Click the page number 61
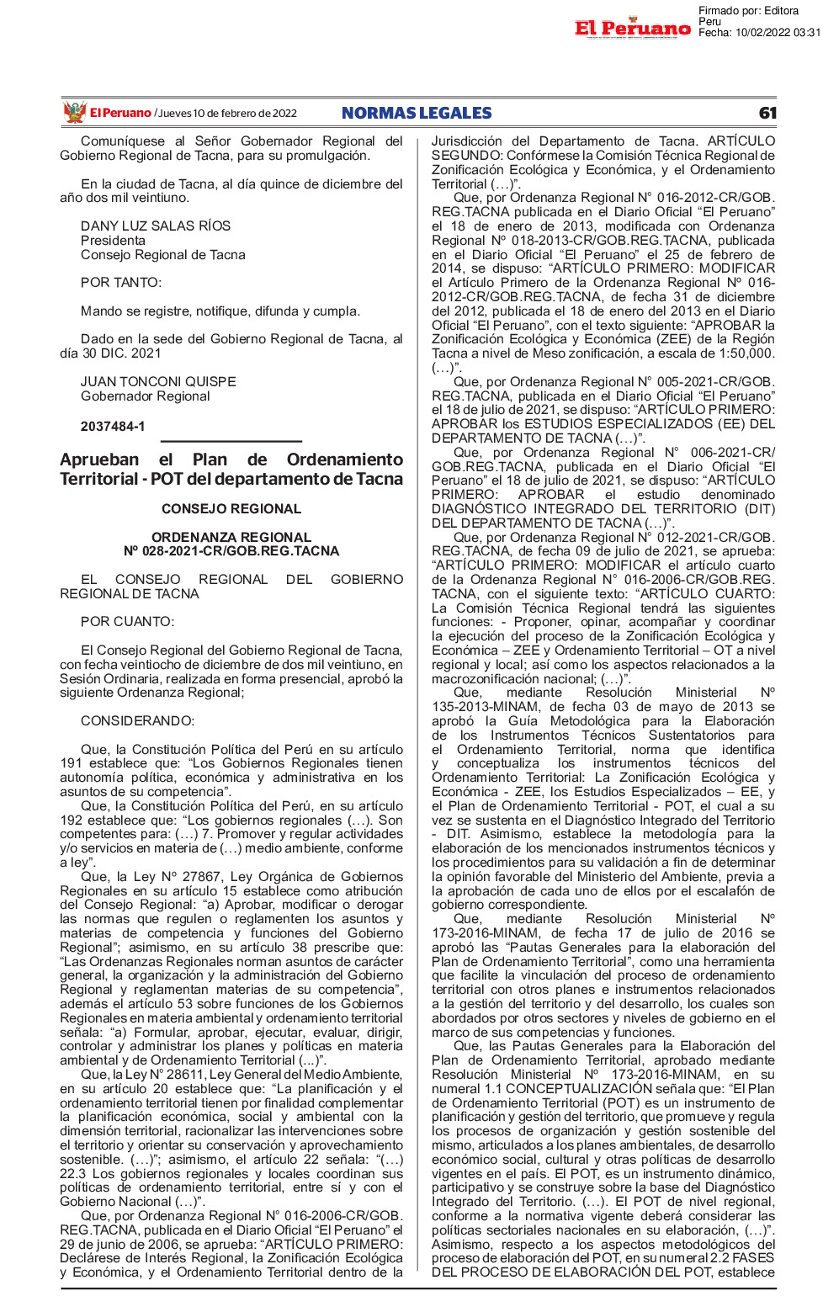point(767,114)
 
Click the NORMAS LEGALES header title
point(417,114)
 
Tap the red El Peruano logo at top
point(633,29)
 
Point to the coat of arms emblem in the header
point(75,112)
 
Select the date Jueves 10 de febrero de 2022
point(227,114)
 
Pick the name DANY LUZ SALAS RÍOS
point(156,226)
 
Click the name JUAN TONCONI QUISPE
point(158,382)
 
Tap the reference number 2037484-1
point(113,427)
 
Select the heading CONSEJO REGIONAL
point(231,509)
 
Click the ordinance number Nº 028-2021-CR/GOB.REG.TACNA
point(231,551)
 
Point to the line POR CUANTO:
point(127,622)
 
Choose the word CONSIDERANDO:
point(137,721)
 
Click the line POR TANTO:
point(121,283)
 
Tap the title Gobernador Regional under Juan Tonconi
point(146,396)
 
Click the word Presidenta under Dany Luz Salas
point(113,241)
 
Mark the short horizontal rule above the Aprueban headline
point(231,441)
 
